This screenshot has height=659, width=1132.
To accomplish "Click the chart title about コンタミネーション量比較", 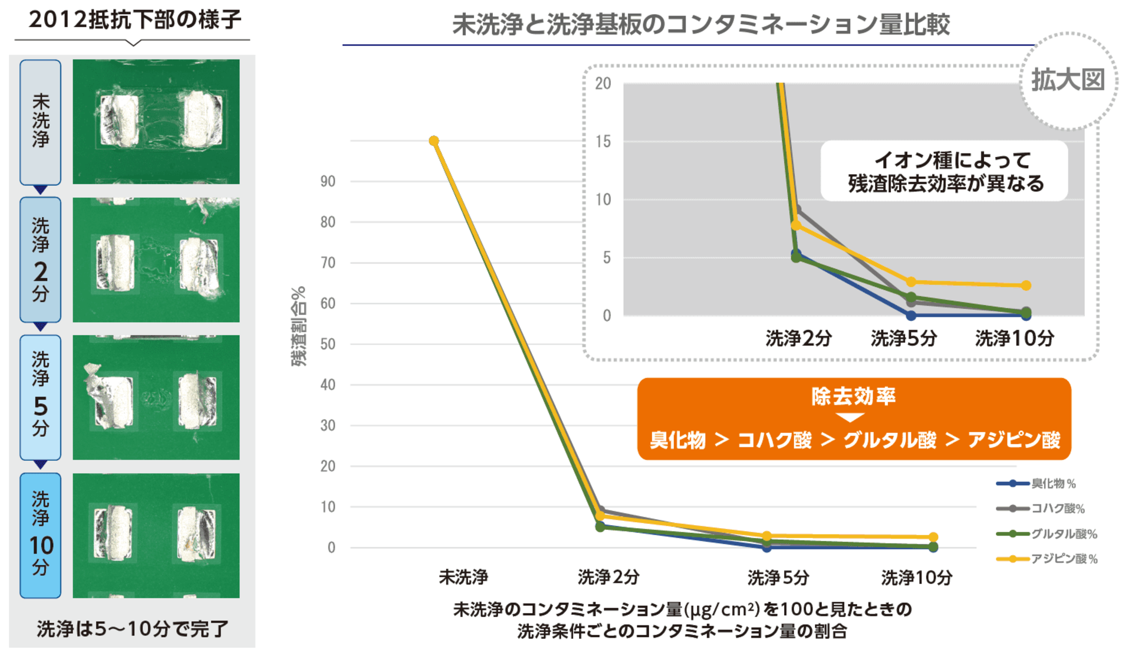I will click(x=700, y=25).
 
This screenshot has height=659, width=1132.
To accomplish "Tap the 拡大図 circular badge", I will click(x=1068, y=80).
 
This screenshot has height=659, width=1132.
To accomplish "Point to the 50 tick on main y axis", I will click(x=328, y=344).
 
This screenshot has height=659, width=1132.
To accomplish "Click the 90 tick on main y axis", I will click(x=328, y=181).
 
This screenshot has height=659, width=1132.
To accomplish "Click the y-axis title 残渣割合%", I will click(x=299, y=326).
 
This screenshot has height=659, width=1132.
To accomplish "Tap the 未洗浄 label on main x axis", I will click(x=463, y=576).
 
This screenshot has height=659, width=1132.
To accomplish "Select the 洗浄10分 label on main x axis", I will click(x=917, y=578).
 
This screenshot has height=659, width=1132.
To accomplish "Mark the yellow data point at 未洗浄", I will click(x=434, y=140).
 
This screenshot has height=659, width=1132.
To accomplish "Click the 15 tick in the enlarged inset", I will click(x=603, y=142).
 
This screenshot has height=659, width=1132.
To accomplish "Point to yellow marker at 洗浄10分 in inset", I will click(x=1026, y=286).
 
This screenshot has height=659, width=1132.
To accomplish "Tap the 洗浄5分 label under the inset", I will click(x=904, y=339).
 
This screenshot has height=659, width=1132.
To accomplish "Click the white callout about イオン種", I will click(x=945, y=171).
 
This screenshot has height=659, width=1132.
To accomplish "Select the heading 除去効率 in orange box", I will click(x=853, y=396).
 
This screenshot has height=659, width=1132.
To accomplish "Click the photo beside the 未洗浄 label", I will click(x=156, y=122).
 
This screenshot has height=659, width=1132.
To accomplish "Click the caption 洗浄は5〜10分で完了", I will click(x=133, y=629).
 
